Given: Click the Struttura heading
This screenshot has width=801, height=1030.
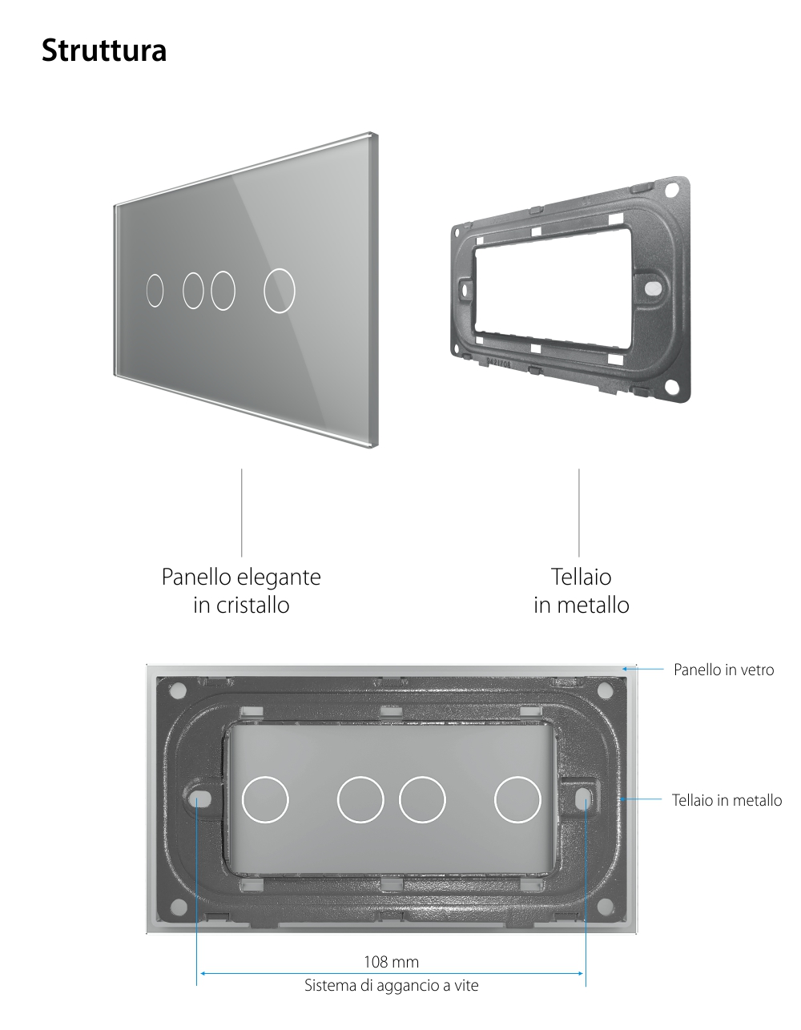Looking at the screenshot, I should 104,50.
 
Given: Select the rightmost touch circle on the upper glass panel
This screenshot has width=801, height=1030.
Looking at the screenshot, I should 280,289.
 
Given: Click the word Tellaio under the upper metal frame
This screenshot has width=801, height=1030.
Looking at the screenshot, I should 581,577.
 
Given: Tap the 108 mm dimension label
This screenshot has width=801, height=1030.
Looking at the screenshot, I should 392,961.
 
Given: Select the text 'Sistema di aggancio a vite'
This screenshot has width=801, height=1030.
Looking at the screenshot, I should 392,985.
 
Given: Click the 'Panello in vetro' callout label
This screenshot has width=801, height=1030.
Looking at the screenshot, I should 723,670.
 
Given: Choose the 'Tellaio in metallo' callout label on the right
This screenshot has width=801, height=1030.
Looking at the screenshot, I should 727,799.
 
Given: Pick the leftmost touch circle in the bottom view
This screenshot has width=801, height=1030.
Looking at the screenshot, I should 264,799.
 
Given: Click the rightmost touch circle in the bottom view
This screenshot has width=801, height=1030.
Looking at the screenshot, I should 517,799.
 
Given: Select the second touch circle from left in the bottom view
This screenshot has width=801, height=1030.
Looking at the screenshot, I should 360,799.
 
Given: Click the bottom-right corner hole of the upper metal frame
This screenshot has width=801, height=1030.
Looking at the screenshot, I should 671,388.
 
